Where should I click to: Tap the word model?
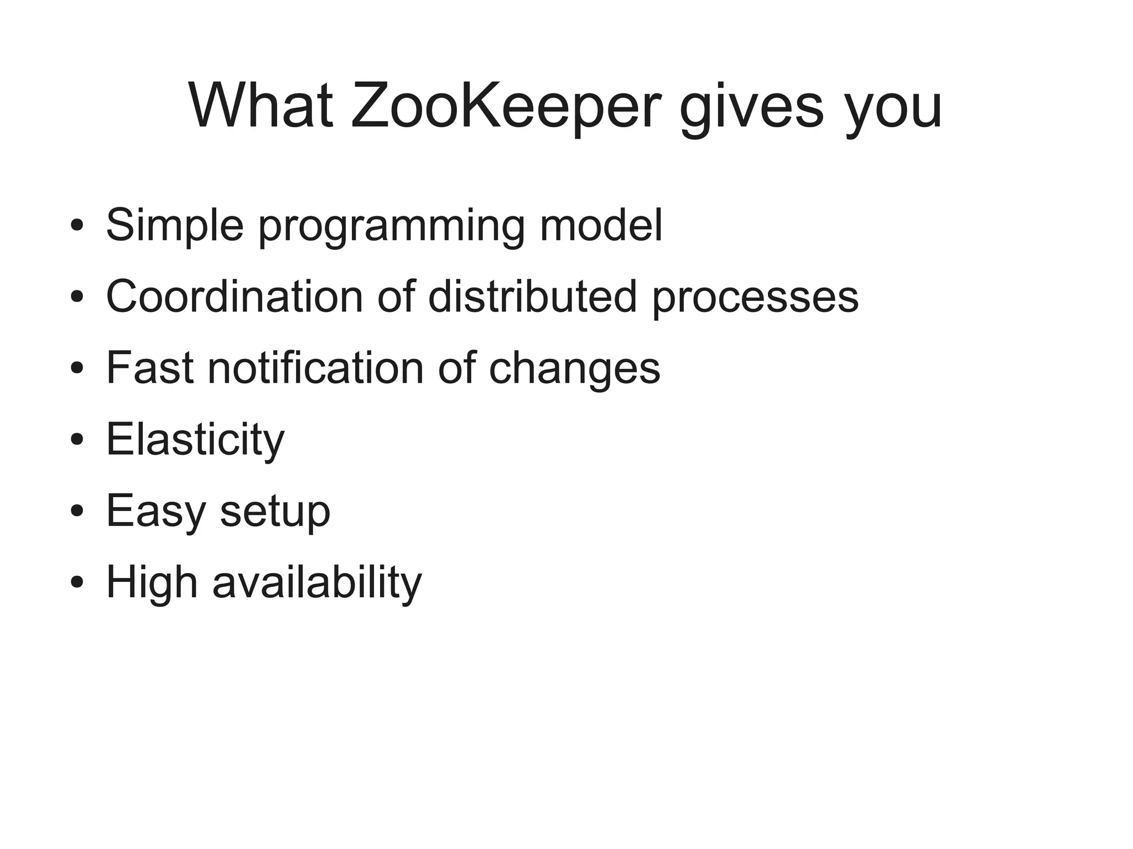(601, 226)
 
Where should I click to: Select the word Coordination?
(235, 297)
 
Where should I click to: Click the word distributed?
(532, 297)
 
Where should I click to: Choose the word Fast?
(150, 368)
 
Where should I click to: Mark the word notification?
(315, 368)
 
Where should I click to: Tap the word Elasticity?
(195, 440)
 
